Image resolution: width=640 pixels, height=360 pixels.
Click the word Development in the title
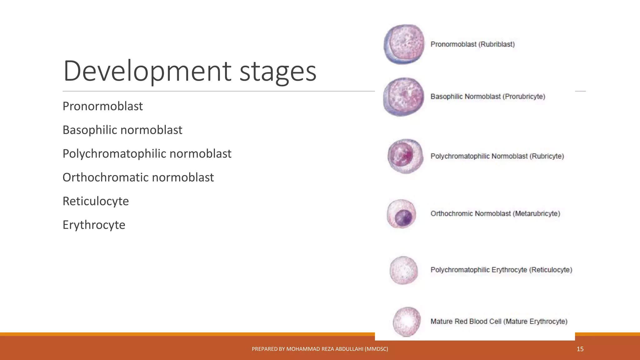tap(147, 71)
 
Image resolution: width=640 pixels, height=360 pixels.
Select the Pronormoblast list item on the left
tap(102, 106)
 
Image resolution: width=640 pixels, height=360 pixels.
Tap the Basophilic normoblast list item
tap(122, 130)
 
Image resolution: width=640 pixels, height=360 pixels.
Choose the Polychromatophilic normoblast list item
tap(147, 154)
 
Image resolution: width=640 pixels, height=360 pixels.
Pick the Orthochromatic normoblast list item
tap(138, 177)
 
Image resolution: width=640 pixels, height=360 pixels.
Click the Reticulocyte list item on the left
tap(96, 201)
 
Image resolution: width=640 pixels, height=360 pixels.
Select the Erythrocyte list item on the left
tap(94, 225)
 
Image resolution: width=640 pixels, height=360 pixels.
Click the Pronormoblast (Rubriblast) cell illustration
tap(404, 44)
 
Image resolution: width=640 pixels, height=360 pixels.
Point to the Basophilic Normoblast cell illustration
tap(403, 97)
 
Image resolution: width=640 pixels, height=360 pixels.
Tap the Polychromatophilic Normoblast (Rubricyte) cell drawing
tap(405, 156)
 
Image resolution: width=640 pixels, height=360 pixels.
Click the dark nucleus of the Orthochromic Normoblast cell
tap(403, 217)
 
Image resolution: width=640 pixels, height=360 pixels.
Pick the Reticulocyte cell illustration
tap(403, 270)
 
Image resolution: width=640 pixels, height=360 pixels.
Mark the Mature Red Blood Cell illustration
tap(407, 322)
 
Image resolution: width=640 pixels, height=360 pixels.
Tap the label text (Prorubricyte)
tap(523, 97)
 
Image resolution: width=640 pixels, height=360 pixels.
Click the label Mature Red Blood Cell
tap(466, 322)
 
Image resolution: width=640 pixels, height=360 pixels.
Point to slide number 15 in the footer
tap(580, 349)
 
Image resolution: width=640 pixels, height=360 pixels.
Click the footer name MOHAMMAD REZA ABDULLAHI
tap(324, 349)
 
